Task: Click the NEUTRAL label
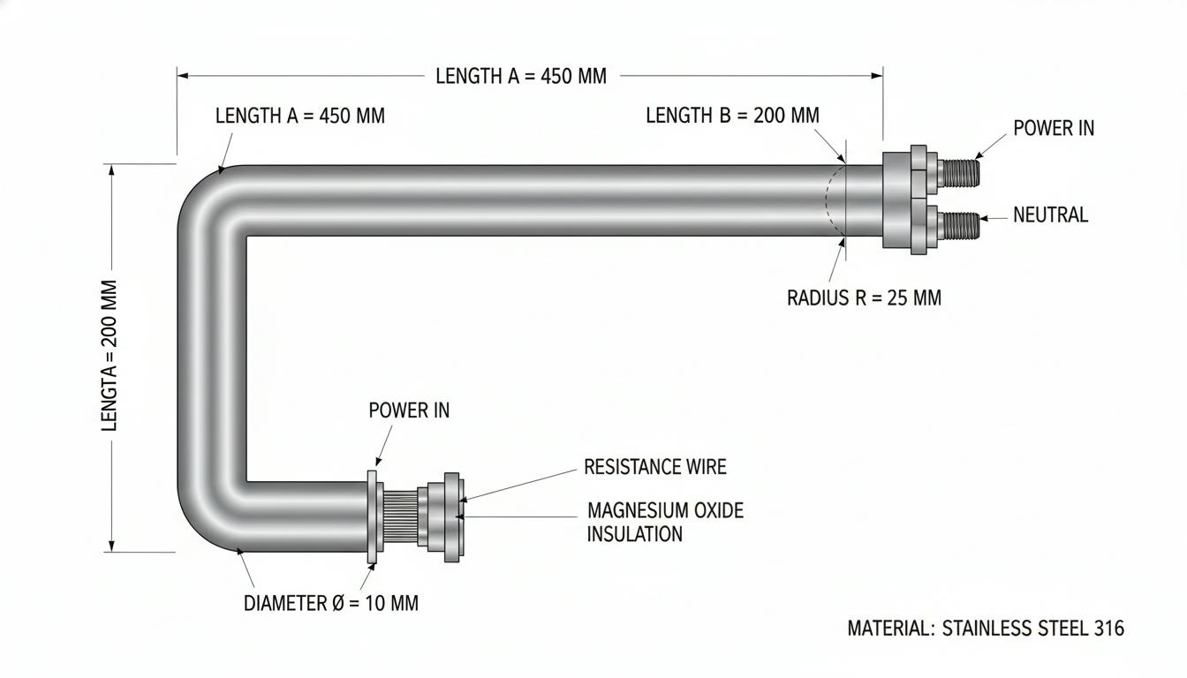1050,215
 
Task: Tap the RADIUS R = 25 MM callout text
864,298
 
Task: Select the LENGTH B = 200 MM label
732,115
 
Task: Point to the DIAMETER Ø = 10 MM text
330,603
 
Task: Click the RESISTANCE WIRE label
655,467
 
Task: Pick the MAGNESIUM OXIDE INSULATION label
665,522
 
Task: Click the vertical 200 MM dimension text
110,356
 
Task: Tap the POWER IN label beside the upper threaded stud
1054,128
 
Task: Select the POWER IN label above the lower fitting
409,410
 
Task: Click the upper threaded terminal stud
958,173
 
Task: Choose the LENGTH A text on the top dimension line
521,76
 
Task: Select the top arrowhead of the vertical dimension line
111,170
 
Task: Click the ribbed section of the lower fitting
400,517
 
